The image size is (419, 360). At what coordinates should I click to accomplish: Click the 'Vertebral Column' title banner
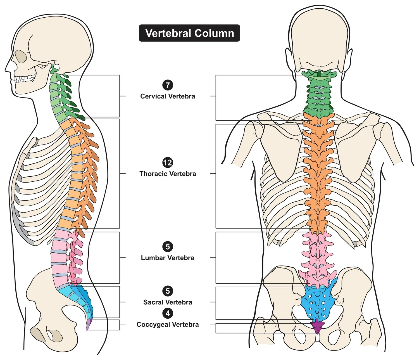tap(189, 33)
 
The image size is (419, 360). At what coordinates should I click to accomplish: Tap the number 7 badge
tap(168, 85)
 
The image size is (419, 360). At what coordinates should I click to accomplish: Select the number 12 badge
tap(168, 162)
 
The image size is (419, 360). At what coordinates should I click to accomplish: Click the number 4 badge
tap(168, 313)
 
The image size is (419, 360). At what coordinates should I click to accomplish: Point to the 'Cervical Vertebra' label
tap(168, 96)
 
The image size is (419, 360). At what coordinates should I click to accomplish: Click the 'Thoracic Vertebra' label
tap(168, 174)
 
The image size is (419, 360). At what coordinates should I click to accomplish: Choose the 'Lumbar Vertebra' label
tap(168, 258)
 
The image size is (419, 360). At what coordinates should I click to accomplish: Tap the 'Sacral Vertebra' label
tap(168, 302)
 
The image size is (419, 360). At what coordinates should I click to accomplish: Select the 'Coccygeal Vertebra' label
tap(168, 325)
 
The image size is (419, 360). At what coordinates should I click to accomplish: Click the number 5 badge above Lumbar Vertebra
tap(168, 247)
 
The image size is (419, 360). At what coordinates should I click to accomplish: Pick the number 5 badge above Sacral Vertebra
tap(168, 291)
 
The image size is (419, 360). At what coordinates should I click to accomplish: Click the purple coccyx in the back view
tap(317, 326)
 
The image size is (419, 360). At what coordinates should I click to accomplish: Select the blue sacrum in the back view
tap(318, 302)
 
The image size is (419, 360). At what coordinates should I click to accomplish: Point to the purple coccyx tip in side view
tap(88, 325)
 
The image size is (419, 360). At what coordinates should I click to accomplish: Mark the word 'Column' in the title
tap(215, 33)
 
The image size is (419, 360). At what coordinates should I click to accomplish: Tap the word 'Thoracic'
tap(152, 174)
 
